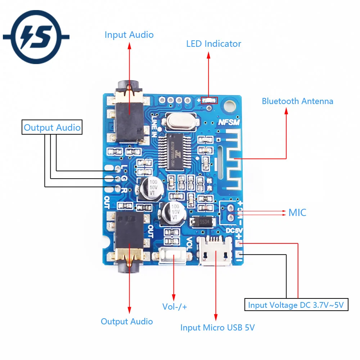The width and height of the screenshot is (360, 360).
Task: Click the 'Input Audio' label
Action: coord(129,35)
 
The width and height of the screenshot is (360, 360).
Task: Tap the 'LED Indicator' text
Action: coord(213,44)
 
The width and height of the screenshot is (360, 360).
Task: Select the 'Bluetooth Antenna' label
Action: coord(297,101)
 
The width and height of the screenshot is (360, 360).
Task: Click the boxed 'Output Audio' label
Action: coord(52,127)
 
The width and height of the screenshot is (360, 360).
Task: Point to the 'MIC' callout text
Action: coord(297,212)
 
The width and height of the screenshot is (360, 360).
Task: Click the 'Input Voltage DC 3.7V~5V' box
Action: coord(296,305)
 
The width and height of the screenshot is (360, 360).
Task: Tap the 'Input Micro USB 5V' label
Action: coord(217,328)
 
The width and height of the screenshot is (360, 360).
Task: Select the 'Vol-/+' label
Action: coord(175,307)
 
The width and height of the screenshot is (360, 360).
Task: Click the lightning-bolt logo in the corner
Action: coord(36,37)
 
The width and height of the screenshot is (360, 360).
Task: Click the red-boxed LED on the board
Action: coord(209,101)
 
